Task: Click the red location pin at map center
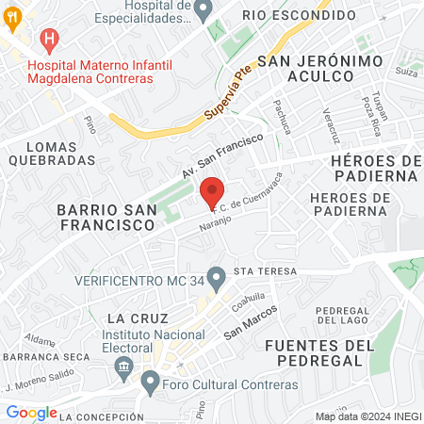pyautogui.click(x=213, y=190)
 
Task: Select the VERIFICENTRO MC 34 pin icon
pyautogui.click(x=217, y=278)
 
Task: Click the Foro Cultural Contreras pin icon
pyautogui.click(x=151, y=383)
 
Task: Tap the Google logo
pyautogui.click(x=31, y=413)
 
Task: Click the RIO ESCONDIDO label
pyautogui.click(x=299, y=16)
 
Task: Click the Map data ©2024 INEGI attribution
pyautogui.click(x=367, y=416)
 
